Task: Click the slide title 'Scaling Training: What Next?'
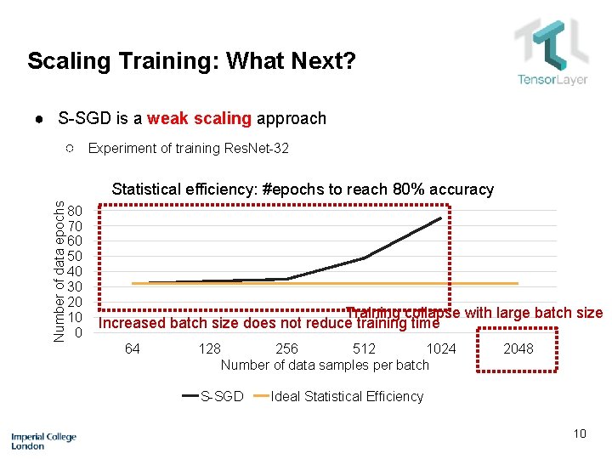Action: click(191, 61)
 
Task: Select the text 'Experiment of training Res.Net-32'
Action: click(189, 148)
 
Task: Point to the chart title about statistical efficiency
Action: click(303, 189)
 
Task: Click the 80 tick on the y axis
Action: click(76, 211)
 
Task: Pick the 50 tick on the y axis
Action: click(76, 257)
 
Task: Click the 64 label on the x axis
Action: click(133, 348)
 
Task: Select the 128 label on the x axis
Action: click(209, 348)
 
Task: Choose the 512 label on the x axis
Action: click(364, 348)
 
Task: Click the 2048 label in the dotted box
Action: click(518, 348)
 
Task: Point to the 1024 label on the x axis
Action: click(441, 348)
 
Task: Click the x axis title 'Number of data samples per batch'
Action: click(325, 365)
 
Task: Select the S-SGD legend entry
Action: click(213, 396)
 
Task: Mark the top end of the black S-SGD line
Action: click(441, 218)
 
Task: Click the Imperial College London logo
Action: click(43, 440)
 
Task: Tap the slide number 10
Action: click(580, 433)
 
